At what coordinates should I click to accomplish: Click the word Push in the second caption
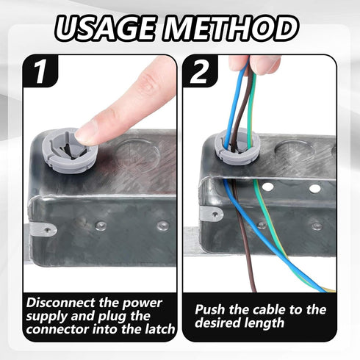(209, 309)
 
